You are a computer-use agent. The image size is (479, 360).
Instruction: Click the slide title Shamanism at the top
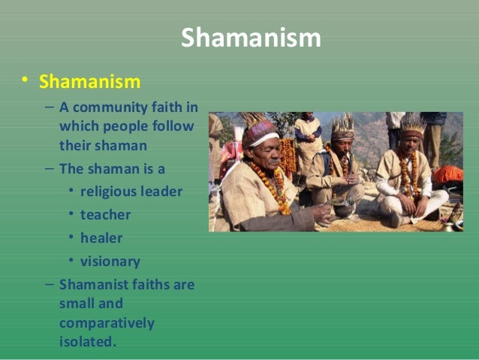coord(251,38)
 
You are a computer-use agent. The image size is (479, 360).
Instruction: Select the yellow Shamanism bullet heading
coord(90,80)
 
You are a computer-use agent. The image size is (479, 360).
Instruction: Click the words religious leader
coord(131,191)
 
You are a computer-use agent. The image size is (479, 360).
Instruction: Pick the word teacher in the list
coord(105,214)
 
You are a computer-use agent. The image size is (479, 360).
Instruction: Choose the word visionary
coord(110,262)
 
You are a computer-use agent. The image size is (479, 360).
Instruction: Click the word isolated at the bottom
coord(88,341)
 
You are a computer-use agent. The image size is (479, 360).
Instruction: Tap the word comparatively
coord(107,323)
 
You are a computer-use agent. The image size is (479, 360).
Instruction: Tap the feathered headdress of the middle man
coord(343,124)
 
